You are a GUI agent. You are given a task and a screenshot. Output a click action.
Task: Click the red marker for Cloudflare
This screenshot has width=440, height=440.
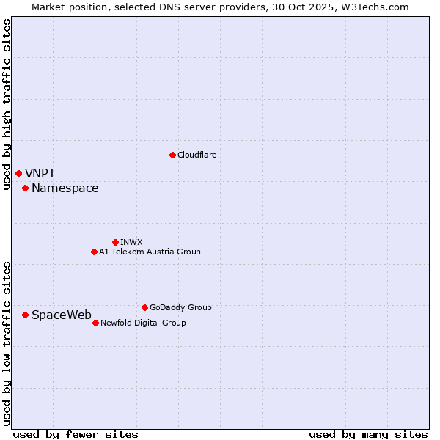172,155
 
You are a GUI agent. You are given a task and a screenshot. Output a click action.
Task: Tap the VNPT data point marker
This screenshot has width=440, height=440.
18,173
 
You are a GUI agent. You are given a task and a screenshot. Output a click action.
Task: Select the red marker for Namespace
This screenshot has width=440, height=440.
25,188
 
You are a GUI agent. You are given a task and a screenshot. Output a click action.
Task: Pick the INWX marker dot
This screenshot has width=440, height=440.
115,242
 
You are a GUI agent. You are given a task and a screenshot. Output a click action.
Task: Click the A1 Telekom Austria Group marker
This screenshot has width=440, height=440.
94,252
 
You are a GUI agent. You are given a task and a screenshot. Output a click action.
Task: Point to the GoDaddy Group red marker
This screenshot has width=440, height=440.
144,307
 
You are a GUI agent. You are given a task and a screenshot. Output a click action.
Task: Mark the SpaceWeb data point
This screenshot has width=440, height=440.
25,315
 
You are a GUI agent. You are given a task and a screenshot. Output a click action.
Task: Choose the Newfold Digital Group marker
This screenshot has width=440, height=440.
95,323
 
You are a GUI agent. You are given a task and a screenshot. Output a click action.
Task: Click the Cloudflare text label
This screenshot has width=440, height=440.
197,155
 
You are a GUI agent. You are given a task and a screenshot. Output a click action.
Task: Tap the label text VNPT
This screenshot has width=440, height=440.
40,174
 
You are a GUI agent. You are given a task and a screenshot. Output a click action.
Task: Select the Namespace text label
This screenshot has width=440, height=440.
65,188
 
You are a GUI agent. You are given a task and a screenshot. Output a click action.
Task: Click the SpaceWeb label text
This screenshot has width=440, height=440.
62,315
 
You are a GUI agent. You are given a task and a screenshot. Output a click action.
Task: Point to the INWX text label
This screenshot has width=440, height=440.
131,242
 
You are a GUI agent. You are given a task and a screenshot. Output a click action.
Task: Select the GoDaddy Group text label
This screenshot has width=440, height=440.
180,307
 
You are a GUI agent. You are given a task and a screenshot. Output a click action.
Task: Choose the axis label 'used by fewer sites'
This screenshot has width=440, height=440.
76,434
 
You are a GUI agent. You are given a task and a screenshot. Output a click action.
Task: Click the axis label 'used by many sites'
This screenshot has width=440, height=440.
368,434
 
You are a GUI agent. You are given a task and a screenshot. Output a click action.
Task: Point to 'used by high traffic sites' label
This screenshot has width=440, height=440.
7,104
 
